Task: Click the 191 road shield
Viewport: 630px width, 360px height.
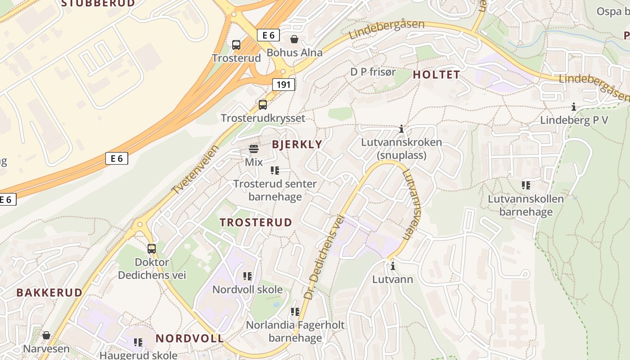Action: [x=283, y=84]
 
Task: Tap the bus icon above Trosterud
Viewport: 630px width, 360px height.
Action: [x=236, y=45]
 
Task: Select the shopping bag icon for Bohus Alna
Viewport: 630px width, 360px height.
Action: [x=294, y=39]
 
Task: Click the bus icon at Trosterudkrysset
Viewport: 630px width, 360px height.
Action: [x=263, y=105]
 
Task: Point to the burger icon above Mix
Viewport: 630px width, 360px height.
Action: [x=253, y=149]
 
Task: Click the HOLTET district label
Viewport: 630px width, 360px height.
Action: [x=436, y=75]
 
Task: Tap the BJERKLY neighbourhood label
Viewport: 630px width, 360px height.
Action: [x=297, y=144]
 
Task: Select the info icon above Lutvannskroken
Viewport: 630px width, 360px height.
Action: [x=401, y=129]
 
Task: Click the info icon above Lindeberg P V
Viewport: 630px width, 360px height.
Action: [x=574, y=107]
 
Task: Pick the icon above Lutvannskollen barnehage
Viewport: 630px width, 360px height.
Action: [x=526, y=185]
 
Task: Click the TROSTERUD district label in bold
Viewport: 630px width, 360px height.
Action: [x=256, y=222]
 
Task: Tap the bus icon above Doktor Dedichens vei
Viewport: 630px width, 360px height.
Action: [x=152, y=248]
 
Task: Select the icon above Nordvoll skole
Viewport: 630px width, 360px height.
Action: [x=247, y=276]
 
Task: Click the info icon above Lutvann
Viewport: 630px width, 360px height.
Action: [x=393, y=266]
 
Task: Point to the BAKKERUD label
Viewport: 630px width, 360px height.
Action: [x=49, y=292]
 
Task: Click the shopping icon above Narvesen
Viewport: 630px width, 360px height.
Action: [x=46, y=335]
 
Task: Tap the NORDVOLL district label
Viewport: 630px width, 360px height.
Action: [x=189, y=338]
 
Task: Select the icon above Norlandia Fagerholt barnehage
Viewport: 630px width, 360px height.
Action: [x=295, y=311]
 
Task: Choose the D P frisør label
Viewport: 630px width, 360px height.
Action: [x=373, y=72]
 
